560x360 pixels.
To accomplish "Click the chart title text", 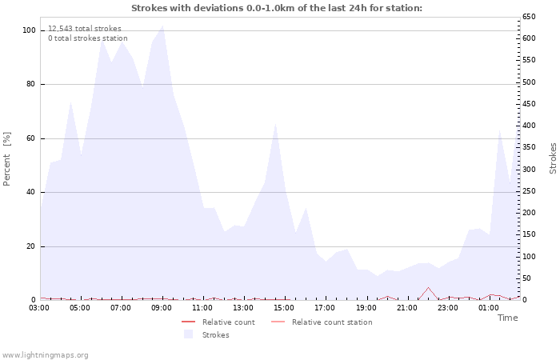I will [276, 8].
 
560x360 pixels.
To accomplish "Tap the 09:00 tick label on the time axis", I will [162, 307].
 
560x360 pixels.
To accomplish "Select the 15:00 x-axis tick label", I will [284, 307].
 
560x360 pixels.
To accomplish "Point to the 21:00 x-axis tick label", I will [406, 307].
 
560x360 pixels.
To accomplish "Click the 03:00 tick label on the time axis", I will [39, 307].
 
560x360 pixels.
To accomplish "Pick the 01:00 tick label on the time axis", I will [489, 307].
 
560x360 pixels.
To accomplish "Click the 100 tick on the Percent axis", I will [30, 30].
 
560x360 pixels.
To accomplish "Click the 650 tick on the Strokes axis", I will [530, 17].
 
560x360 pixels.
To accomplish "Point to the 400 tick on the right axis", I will [530, 126].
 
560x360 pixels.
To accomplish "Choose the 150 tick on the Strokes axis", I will [530, 234].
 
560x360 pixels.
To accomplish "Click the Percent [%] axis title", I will [7, 158].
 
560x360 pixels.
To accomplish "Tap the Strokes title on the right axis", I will [553, 158].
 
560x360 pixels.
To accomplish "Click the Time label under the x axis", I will [507, 318].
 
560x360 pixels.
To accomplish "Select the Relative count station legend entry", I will [331, 322].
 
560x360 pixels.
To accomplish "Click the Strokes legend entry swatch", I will [189, 334].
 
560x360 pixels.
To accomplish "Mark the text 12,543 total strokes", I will [84, 28].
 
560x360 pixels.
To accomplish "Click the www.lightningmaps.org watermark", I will [45, 354].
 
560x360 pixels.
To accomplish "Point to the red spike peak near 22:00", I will [428, 287].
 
